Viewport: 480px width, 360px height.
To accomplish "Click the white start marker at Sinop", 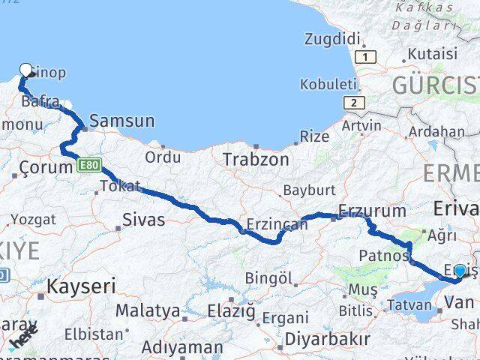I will pyautogui.click(x=26, y=70).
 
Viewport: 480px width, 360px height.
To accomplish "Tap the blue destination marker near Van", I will pyautogui.click(x=460, y=271).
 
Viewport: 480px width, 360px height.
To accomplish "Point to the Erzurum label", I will pyautogui.click(x=372, y=211).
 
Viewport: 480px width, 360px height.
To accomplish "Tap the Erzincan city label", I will pyautogui.click(x=277, y=224).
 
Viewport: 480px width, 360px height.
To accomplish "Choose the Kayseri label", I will pyautogui.click(x=81, y=286).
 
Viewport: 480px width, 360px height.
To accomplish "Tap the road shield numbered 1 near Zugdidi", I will pyautogui.click(x=365, y=57).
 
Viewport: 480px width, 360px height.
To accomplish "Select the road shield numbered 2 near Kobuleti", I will pyautogui.click(x=351, y=103).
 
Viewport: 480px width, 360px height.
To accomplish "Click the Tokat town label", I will pyautogui.click(x=120, y=186).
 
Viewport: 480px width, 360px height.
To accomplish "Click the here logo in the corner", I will pyautogui.click(x=22, y=340).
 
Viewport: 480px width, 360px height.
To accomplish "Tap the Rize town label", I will pyautogui.click(x=313, y=136).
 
